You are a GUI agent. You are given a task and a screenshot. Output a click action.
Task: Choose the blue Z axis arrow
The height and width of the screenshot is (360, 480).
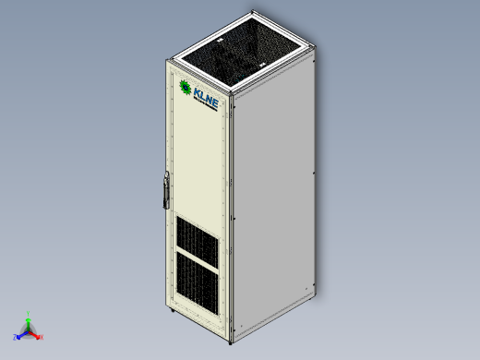click(19, 335)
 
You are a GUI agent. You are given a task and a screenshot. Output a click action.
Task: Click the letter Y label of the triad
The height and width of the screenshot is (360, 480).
click(29, 312)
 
